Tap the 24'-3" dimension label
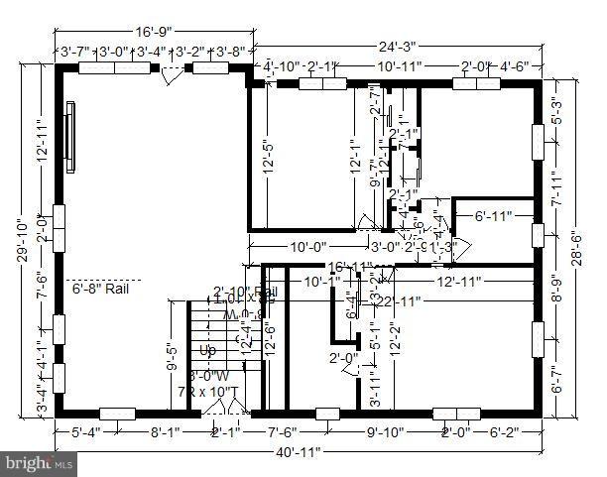click(x=396, y=45)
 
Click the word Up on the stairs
click(x=207, y=350)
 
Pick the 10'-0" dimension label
click(x=306, y=247)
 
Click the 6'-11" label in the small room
click(x=492, y=216)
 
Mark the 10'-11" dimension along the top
click(x=401, y=66)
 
